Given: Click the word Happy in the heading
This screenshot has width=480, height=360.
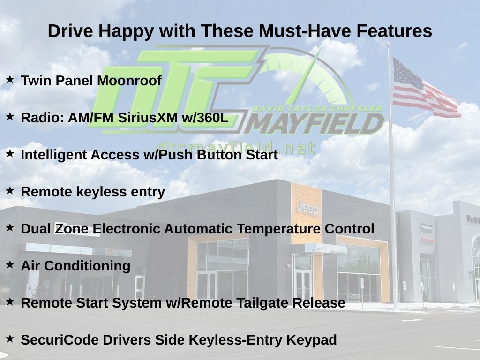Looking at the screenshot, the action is click(x=126, y=31).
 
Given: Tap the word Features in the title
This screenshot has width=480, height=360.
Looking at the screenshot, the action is click(x=394, y=31).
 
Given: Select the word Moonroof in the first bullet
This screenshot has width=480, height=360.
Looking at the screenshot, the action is click(x=129, y=81).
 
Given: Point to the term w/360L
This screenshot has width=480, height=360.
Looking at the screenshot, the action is click(x=205, y=118).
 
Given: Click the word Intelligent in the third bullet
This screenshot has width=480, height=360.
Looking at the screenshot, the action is click(x=53, y=155).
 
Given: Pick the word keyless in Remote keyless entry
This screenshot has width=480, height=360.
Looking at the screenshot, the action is click(x=101, y=192).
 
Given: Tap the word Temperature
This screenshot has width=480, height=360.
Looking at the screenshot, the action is click(x=278, y=229).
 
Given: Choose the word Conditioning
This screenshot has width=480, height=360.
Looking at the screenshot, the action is click(x=87, y=266).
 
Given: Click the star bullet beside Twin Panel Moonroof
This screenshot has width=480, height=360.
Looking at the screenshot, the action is click(x=10, y=80).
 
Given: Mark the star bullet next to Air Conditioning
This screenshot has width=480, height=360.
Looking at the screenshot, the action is click(x=10, y=265).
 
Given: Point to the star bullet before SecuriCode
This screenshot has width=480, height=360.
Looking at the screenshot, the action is click(x=10, y=338).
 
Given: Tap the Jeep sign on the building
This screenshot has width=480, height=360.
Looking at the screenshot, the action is click(x=307, y=209).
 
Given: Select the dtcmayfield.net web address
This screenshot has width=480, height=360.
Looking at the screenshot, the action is click(x=236, y=148).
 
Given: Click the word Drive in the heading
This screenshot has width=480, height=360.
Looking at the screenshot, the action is click(x=70, y=31).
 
